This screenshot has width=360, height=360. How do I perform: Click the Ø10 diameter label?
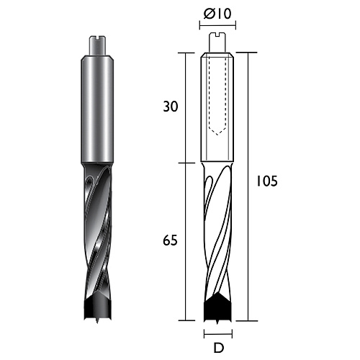coord(217,14)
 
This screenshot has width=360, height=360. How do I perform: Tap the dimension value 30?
coord(171,107)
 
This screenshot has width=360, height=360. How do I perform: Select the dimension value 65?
coord(170,240)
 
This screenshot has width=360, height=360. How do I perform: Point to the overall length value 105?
coord(267,181)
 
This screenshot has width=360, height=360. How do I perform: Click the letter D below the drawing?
coord(218,348)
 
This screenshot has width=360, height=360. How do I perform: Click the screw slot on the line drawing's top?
coord(217,35)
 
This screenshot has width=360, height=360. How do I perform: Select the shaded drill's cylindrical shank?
coord(97,109)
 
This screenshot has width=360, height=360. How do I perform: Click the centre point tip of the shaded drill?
coord(97,322)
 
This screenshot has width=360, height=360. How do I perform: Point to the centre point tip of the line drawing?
coord(217,322)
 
